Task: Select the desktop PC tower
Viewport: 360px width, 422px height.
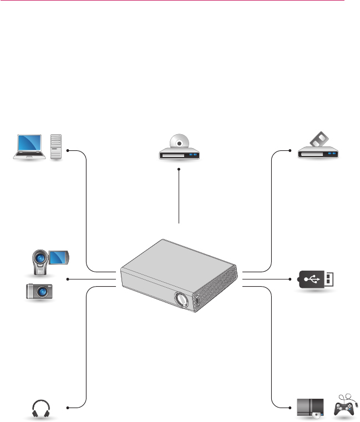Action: point(56,147)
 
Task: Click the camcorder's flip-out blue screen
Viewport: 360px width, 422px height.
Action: point(58,257)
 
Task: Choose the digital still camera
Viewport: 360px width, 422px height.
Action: point(40,291)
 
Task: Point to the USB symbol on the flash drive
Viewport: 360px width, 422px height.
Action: point(312,279)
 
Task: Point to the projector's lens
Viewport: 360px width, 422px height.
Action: point(181,299)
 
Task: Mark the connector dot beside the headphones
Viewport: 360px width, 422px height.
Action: point(67,408)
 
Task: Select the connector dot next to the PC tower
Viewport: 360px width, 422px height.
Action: point(67,150)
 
